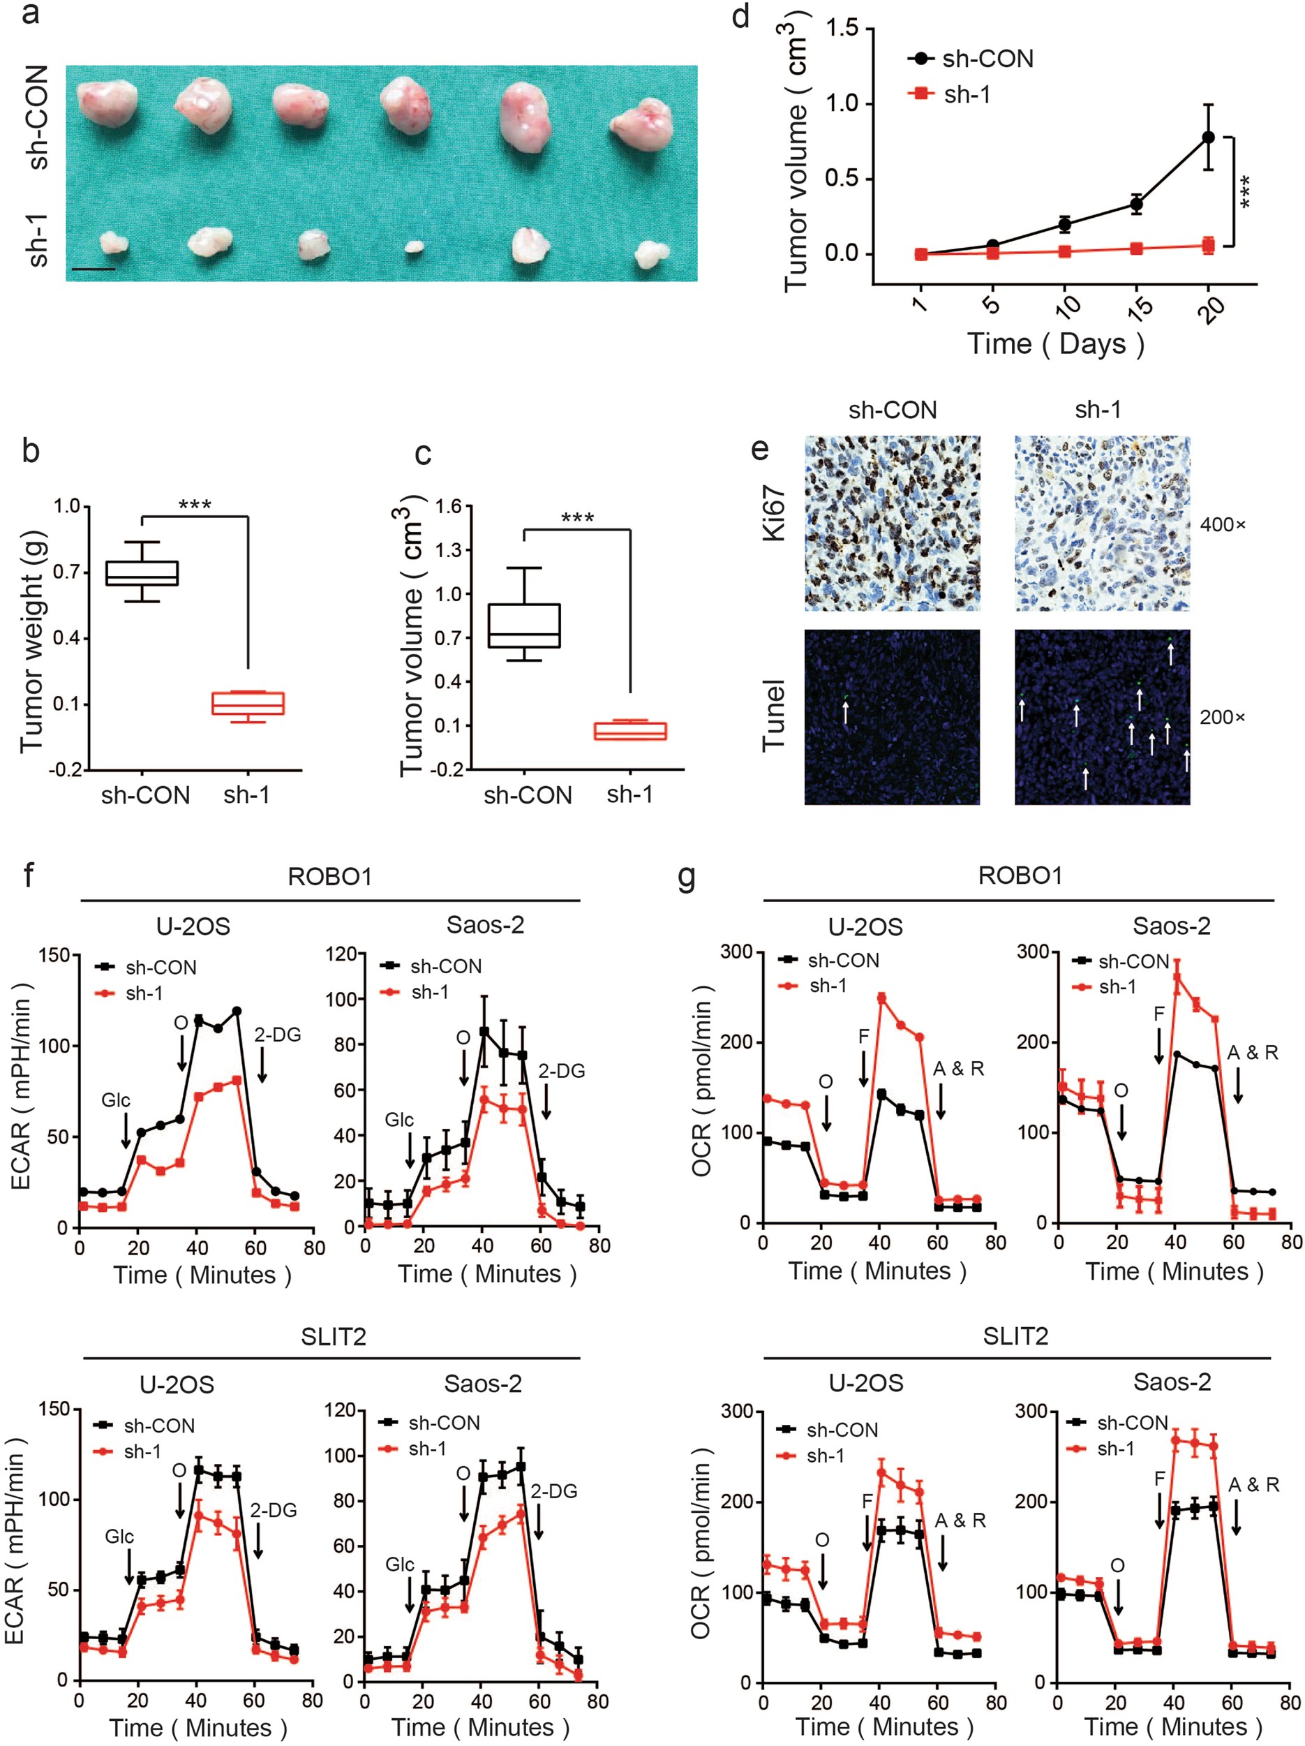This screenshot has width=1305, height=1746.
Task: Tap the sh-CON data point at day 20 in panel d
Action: click(1208, 138)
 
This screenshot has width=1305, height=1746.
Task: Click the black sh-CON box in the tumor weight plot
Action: click(142, 573)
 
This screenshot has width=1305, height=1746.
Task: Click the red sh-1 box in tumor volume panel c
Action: click(630, 731)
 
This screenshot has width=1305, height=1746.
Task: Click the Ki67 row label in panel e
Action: click(774, 513)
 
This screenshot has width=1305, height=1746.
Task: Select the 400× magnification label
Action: click(1222, 524)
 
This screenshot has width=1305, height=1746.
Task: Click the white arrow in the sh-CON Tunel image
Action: click(845, 713)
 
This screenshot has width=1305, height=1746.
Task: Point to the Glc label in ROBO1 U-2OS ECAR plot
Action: click(116, 1100)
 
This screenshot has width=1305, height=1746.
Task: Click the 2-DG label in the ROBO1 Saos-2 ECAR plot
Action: click(561, 1071)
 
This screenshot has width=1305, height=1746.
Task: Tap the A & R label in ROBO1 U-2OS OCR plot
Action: click(959, 1069)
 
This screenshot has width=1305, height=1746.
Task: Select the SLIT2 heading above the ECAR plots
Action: click(333, 1336)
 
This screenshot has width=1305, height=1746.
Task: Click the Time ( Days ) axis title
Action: click(1056, 343)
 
